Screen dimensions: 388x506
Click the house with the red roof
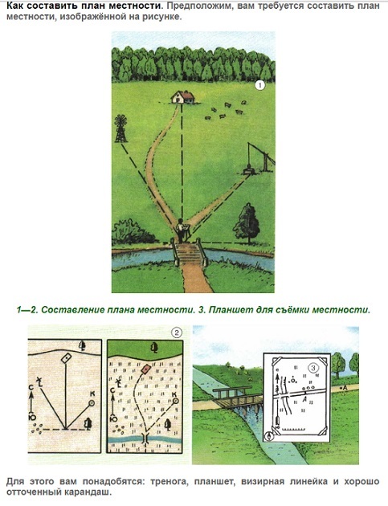tap(182, 97)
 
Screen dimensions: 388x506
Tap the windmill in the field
tap(120, 129)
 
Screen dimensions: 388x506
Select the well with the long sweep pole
tap(259, 159)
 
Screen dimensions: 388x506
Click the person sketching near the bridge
tap(181, 231)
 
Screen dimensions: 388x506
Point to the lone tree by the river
tap(247, 222)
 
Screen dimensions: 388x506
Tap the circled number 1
tap(259, 85)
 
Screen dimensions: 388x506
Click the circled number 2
tap(176, 333)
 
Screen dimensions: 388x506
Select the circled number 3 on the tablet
tap(313, 368)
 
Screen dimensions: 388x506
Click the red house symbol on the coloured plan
tap(146, 369)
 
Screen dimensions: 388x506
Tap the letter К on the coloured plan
tap(174, 394)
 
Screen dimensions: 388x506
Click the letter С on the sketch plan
tap(31, 388)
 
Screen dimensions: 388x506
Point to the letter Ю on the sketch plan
tap(32, 417)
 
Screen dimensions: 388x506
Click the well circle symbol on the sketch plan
tap(92, 402)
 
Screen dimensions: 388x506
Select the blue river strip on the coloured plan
tap(145, 439)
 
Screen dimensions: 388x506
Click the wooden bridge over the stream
tap(237, 398)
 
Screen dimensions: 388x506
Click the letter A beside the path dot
tap(345, 388)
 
